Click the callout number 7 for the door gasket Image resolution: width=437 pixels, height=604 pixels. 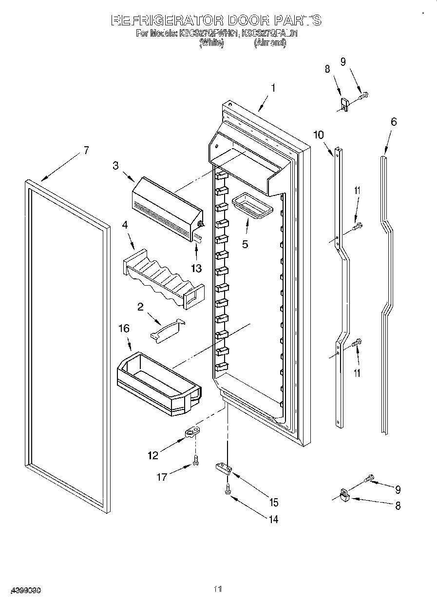point(86,151)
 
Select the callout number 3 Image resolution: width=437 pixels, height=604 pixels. point(115,166)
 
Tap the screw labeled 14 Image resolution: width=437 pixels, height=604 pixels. point(228,492)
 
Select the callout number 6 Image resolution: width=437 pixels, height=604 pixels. point(393,122)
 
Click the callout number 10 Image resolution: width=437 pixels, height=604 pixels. point(318,135)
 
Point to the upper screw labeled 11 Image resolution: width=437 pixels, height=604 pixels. point(359,225)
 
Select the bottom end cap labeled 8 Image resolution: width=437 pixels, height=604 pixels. point(345,495)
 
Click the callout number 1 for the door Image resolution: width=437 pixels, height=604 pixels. point(273,88)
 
